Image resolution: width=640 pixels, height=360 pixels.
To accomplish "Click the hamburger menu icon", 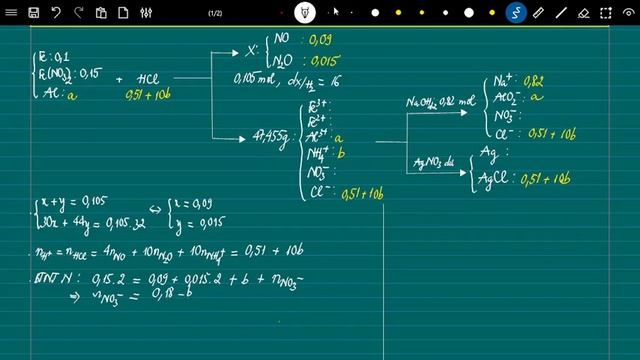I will tap(12, 13).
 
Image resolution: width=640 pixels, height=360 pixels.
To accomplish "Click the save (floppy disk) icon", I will tap(34, 13).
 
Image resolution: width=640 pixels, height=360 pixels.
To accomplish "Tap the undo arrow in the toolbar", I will tap(56, 13).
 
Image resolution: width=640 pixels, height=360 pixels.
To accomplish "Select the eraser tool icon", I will tap(584, 13).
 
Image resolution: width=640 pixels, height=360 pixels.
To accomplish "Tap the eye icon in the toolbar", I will tap(305, 13).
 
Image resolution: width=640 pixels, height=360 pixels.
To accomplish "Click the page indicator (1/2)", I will tap(215, 13).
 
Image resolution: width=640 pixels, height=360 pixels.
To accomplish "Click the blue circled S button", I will tap(516, 13).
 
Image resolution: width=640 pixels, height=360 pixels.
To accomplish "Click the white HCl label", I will tap(155, 79).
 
